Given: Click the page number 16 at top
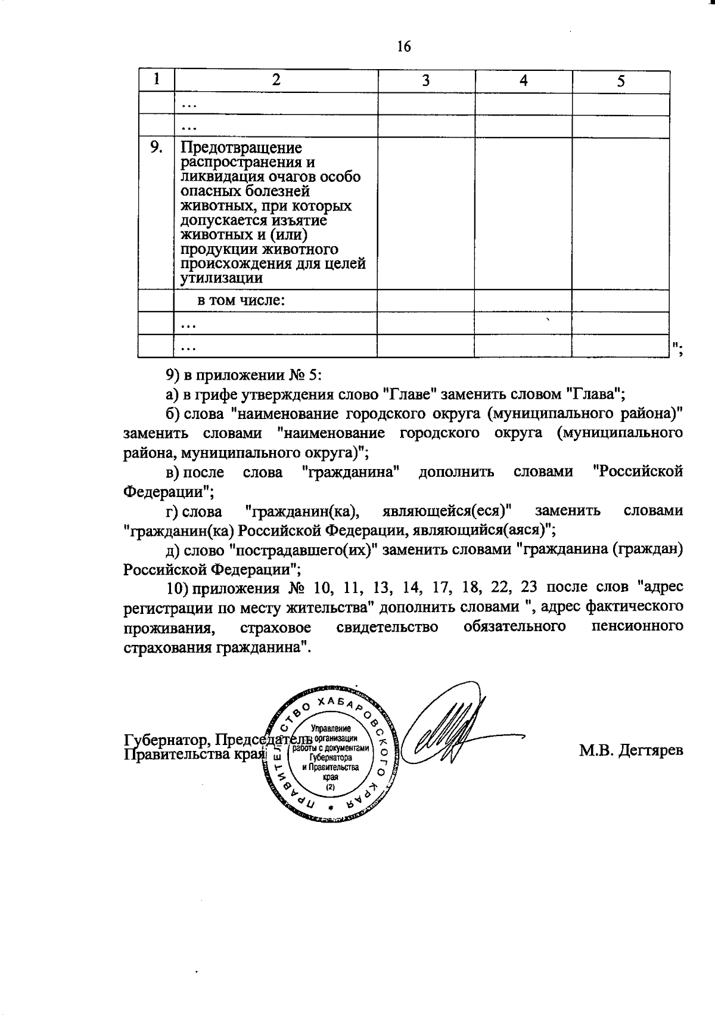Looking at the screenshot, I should (403, 46).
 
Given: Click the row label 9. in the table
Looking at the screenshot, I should (156, 147).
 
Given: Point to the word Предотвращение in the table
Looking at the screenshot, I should (241, 147).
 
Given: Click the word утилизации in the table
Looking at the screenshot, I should (222, 278).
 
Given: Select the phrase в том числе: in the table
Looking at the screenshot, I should (241, 300).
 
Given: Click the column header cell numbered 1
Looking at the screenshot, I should (156, 80).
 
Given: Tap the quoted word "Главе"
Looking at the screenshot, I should (410, 393).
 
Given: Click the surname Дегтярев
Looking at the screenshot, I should (650, 750).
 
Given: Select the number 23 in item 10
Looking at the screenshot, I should (529, 587).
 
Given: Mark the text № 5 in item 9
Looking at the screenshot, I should (305, 374).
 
